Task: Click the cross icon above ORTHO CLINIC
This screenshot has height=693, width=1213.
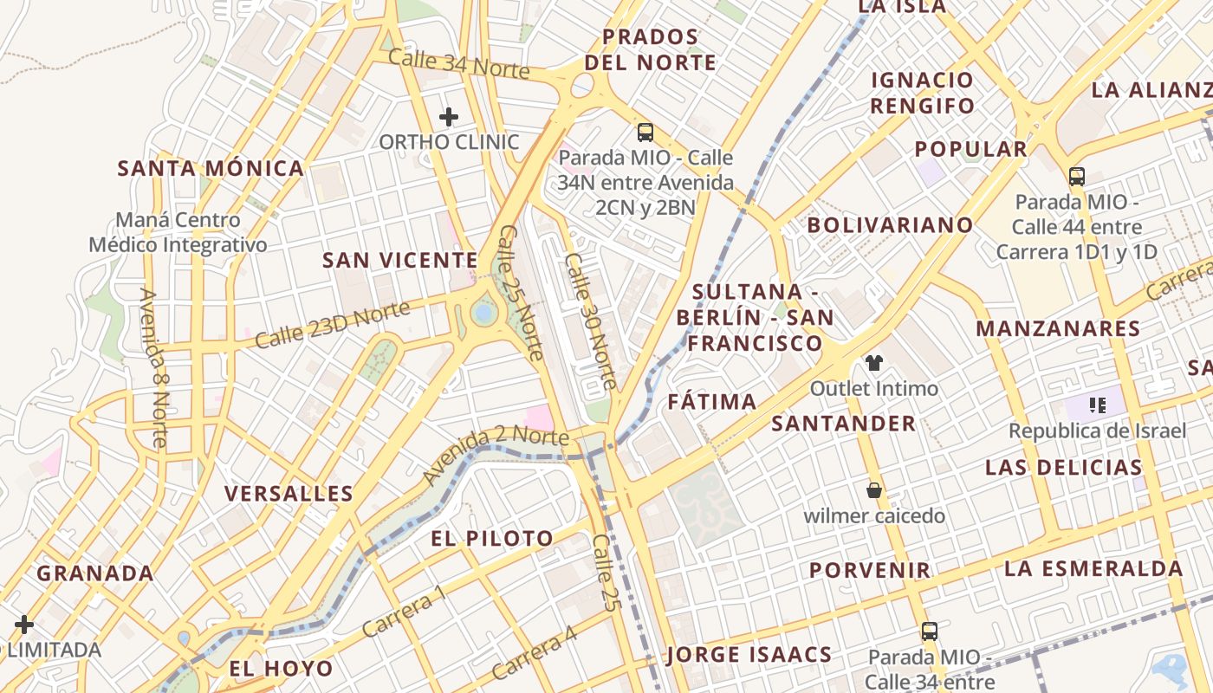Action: coord(449,116)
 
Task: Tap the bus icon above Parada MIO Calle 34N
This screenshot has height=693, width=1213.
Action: coord(645,133)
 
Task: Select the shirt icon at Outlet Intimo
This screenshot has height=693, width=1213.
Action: coord(873,363)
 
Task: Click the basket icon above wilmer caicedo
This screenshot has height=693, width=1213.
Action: coord(873,491)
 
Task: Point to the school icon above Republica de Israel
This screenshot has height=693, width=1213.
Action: coord(1098,405)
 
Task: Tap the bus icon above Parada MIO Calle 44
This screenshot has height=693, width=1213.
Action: coord(1077,177)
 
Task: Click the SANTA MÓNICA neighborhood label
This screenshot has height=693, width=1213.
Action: coord(211,168)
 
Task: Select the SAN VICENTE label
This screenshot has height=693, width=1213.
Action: coord(400,260)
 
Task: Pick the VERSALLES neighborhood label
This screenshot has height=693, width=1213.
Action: coord(289,494)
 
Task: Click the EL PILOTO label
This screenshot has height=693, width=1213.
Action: coord(492,538)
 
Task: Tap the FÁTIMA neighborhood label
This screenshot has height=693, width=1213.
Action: coord(712,402)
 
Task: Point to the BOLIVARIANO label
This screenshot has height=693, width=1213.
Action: coord(890,225)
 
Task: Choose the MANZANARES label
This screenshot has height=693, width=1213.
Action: coord(1058,328)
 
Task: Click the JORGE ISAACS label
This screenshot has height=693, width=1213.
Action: coord(749,654)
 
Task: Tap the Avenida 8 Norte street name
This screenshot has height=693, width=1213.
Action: coord(152,367)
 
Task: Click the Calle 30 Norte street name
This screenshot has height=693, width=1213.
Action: coord(591,321)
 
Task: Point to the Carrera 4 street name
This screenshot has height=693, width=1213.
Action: coord(534,652)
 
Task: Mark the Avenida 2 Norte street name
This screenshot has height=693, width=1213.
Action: coord(496,454)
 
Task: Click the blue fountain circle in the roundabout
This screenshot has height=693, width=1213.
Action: coord(483,312)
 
